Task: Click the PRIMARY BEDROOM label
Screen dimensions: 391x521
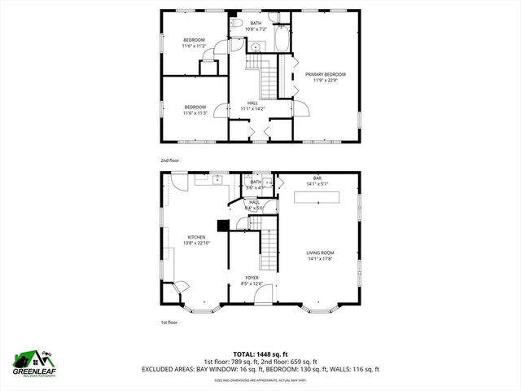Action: [x=320, y=74]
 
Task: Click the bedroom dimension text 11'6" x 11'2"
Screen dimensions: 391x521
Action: [x=194, y=46]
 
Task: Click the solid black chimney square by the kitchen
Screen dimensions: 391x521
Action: [x=221, y=227]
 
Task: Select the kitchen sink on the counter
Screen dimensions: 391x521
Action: [x=219, y=178]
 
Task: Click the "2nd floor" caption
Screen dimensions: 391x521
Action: [x=169, y=160]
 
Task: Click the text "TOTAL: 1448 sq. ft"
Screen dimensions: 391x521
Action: [x=260, y=354]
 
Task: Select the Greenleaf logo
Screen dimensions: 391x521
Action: [x=33, y=363]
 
